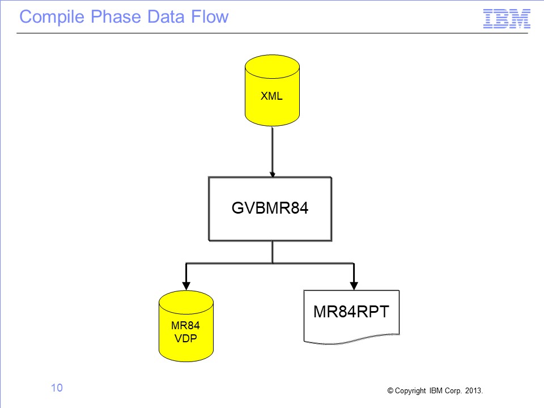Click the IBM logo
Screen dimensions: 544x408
pyautogui.click(x=507, y=19)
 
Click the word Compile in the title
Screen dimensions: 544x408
pyautogui.click(x=52, y=17)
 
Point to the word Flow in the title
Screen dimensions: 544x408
pyautogui.click(x=210, y=16)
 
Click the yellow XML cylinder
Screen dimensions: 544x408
pyautogui.click(x=272, y=90)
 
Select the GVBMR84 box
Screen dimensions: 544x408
pyautogui.click(x=270, y=209)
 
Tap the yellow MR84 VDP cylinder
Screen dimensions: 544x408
pyautogui.click(x=186, y=326)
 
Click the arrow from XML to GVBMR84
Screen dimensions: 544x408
pyautogui.click(x=273, y=152)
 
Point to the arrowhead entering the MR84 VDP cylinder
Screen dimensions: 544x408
pyautogui.click(x=186, y=286)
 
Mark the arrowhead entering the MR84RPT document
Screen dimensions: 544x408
pyautogui.click(x=354, y=286)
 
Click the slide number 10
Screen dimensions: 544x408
pyautogui.click(x=57, y=388)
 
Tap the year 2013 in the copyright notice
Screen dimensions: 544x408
pyautogui.click(x=474, y=390)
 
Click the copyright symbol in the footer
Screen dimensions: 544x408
pyautogui.click(x=390, y=390)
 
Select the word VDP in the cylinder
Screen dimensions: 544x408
pyautogui.click(x=186, y=338)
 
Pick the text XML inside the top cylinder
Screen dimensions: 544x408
pyautogui.click(x=271, y=96)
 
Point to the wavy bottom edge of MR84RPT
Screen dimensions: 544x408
pyautogui.click(x=351, y=339)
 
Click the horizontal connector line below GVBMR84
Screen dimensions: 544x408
pyautogui.click(x=270, y=263)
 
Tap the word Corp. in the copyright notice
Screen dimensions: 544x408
pyautogui.click(x=453, y=390)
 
